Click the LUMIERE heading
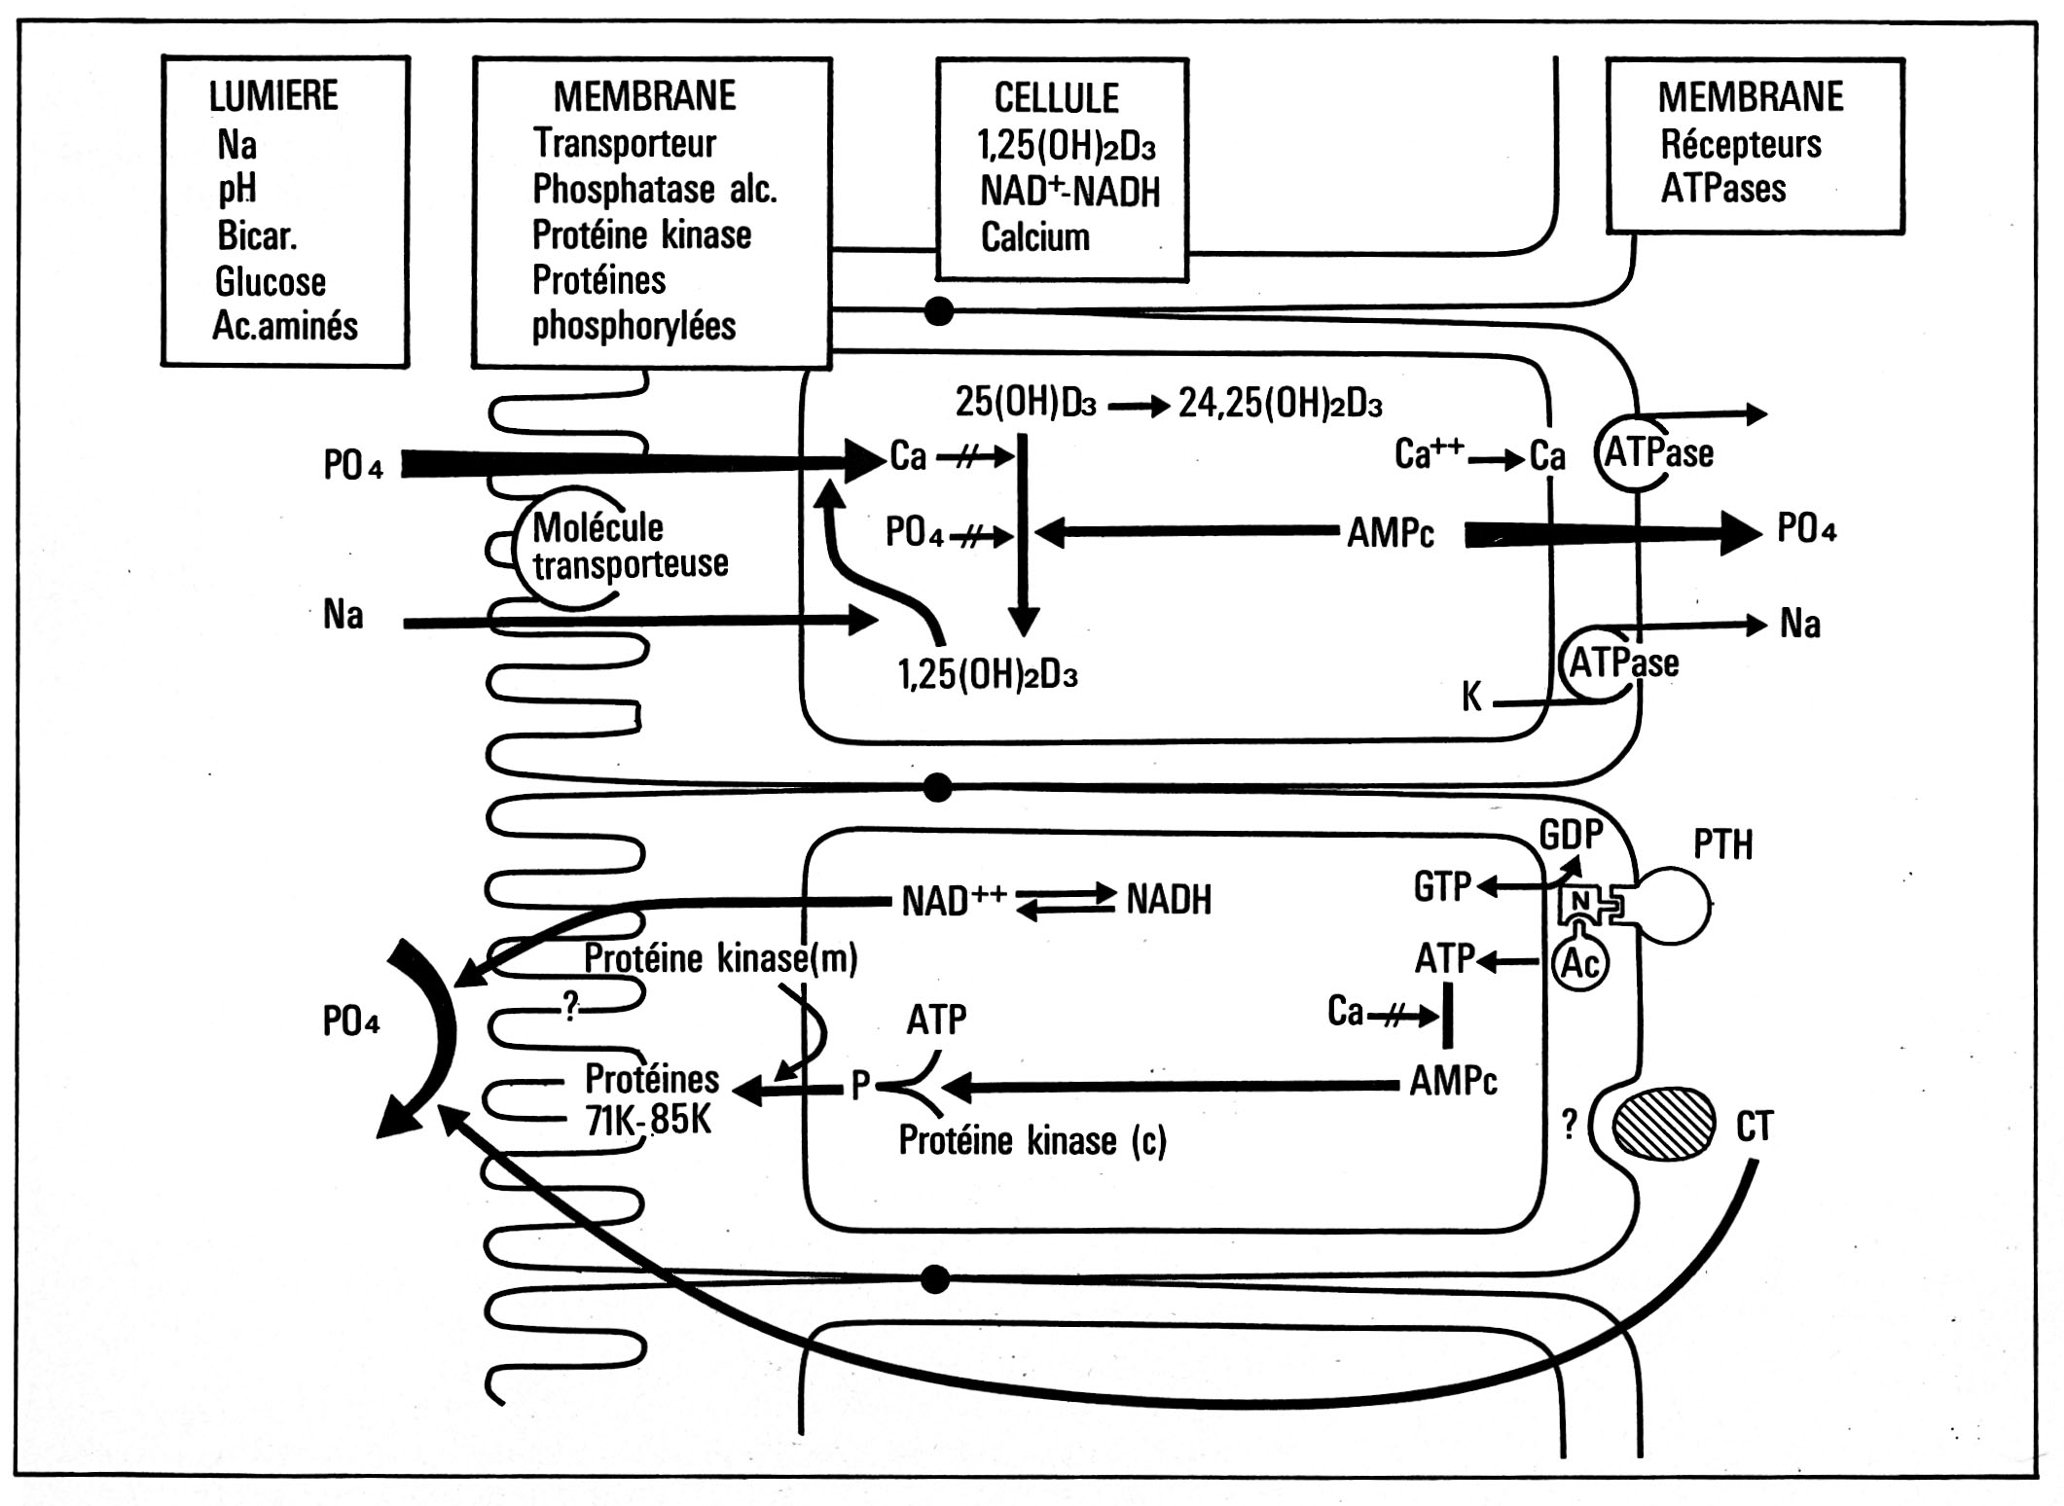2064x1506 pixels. coord(273,96)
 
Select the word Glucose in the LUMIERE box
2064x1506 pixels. coord(270,282)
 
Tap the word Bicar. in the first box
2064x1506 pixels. coord(257,236)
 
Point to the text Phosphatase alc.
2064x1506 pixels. coord(654,189)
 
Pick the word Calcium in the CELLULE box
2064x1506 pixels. coord(1034,237)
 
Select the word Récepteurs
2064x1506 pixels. coord(1740,144)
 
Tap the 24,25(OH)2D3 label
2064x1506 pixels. coord(1280,403)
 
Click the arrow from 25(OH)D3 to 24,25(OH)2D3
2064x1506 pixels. coord(1138,406)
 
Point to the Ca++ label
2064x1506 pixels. coord(1428,453)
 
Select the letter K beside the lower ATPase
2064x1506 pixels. coord(1471,697)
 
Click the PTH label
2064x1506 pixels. coord(1722,845)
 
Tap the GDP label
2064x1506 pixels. coord(1570,834)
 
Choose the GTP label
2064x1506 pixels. coord(1441,887)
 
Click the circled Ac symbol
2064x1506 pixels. coord(1579,963)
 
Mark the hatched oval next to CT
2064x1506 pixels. coord(1664,1124)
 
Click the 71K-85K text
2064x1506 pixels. coord(648,1121)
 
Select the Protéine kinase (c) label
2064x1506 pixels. coord(1032,1141)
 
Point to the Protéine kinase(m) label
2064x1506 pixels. coord(720,959)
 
